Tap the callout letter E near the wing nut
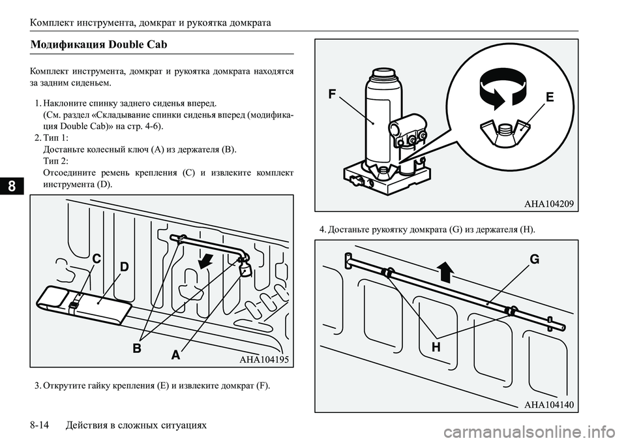pyautogui.click(x=550, y=98)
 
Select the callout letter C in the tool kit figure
pyautogui.click(x=95, y=260)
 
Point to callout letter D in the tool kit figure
pyautogui.click(x=124, y=267)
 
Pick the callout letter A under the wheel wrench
pyautogui.click(x=175, y=356)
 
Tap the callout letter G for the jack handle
pyautogui.click(x=534, y=259)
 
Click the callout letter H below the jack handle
pyautogui.click(x=436, y=348)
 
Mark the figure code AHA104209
pyautogui.click(x=548, y=204)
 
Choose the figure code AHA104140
pyautogui.click(x=548, y=405)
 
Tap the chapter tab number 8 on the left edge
pyautogui.click(x=10, y=186)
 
